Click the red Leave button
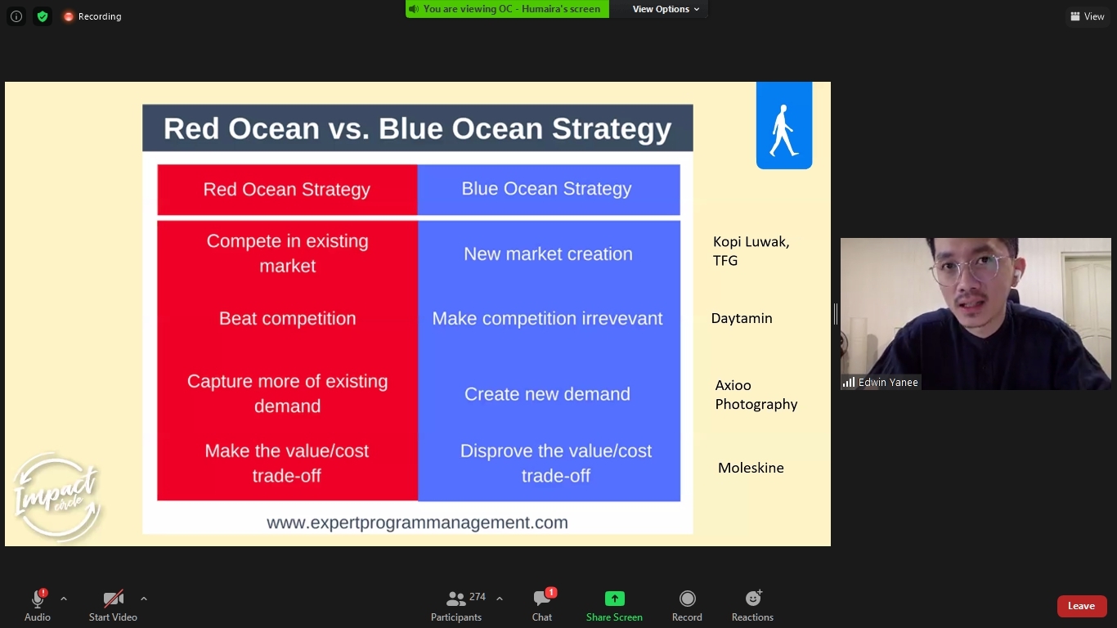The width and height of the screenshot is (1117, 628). [x=1081, y=606]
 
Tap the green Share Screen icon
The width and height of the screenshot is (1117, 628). [x=614, y=598]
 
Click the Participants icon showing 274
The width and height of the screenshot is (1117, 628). [x=456, y=598]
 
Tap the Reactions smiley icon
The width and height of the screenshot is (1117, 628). [x=752, y=598]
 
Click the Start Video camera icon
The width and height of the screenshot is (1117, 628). [x=113, y=599]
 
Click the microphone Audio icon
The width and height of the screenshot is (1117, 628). [x=38, y=598]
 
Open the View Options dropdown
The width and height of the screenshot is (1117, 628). [x=666, y=9]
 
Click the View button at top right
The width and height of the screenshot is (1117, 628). [x=1087, y=16]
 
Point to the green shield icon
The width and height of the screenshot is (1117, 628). [x=43, y=16]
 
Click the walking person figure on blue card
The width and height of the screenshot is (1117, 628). [x=783, y=131]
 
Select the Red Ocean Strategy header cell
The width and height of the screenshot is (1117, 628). [x=287, y=190]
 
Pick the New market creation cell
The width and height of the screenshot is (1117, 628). [x=549, y=253]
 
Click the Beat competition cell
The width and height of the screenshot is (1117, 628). [x=288, y=318]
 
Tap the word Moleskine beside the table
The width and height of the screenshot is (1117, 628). [x=751, y=468]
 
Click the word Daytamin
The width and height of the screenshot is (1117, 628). [x=742, y=318]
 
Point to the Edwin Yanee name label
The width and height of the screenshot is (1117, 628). [x=887, y=383]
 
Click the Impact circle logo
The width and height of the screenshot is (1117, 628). [x=56, y=496]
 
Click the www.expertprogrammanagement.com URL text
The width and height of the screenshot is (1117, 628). [x=417, y=523]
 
